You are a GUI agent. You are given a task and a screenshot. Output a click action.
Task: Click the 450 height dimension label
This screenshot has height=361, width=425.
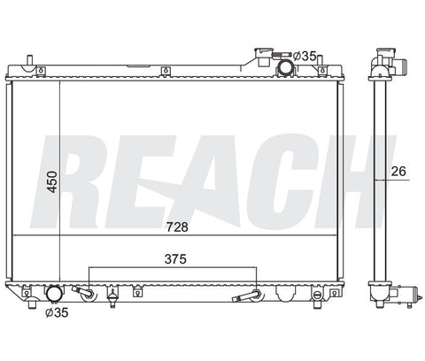[x=52, y=181]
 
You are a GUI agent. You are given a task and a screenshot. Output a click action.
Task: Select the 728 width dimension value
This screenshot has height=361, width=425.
[x=177, y=227]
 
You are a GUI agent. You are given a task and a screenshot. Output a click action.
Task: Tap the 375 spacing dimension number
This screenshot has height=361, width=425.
[x=175, y=259]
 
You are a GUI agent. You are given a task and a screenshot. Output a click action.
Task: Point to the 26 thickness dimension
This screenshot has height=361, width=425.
[x=398, y=172]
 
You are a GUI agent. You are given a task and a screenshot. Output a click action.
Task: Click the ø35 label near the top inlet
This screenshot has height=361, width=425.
[x=305, y=56]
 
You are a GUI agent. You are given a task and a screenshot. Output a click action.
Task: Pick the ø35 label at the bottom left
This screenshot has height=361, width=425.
[x=57, y=312]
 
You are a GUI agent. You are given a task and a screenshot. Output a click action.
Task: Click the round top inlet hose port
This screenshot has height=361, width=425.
[x=285, y=67]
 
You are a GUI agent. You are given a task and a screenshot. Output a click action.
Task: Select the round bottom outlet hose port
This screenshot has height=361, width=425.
[x=55, y=294]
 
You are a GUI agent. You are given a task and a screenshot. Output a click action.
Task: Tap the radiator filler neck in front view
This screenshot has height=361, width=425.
[x=263, y=58]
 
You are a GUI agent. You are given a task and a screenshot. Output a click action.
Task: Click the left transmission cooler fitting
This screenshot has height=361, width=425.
[x=85, y=293]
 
